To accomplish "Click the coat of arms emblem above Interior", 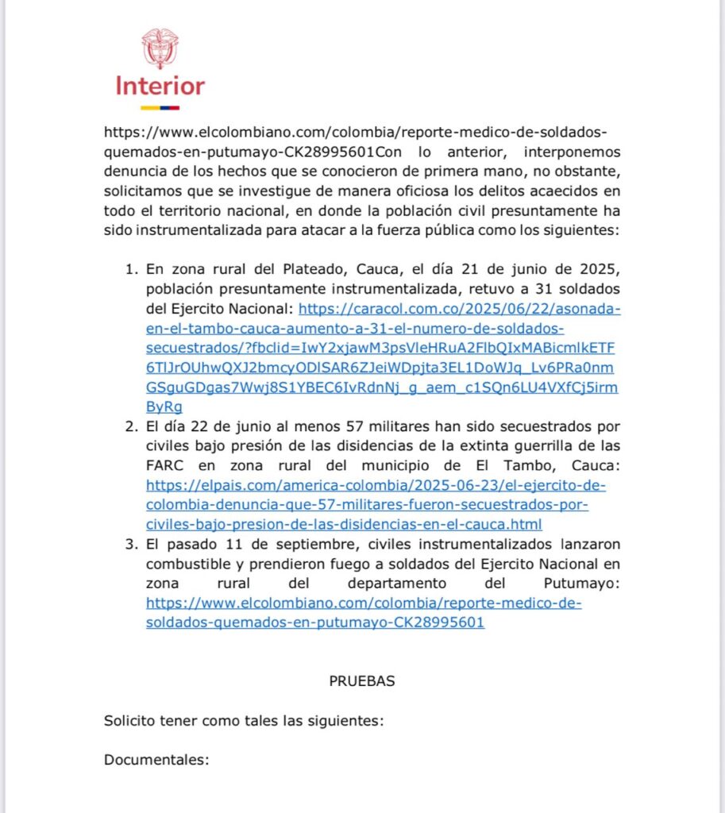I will pos(160,48).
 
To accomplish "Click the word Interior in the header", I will pos(160,86).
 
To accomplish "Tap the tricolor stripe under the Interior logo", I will pos(160,107).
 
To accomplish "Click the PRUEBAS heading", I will pos(362,681).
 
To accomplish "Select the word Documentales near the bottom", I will pos(156,760).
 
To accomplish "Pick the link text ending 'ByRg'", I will pos(164,407).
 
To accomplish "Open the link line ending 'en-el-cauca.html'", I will pos(344,525).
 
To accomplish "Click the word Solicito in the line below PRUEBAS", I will pos(129,721).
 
